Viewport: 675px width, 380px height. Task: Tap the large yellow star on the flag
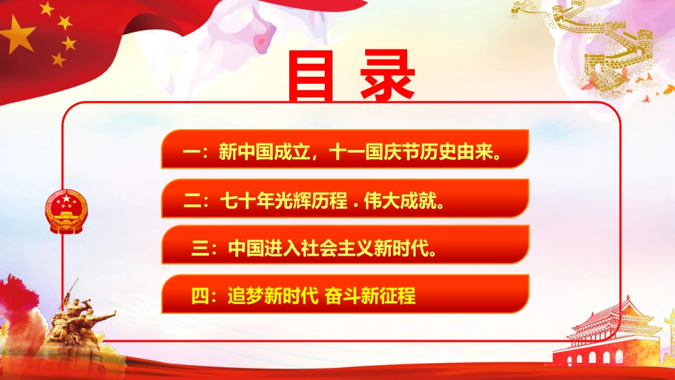tap(21, 36)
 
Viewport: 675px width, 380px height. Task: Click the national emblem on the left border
tap(65, 212)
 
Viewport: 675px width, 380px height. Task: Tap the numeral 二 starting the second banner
tap(192, 201)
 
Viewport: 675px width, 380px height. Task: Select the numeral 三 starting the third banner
tap(201, 249)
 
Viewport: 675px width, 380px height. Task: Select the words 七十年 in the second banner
tap(246, 201)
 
